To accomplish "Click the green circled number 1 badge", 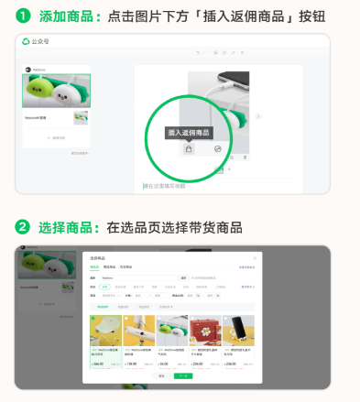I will pos(25,17).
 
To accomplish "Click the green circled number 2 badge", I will pos(25,226).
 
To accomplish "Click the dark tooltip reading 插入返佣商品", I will pos(187,132).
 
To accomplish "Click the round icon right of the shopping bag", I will pos(218,148).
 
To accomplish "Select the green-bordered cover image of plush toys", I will pos(57,91).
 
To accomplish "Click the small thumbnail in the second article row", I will pos(80,119).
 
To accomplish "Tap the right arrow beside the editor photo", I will pos(258,117).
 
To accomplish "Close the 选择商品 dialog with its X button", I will pos(255,259).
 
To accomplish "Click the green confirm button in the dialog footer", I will pos(186,375).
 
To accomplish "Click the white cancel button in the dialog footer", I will pos(162,375).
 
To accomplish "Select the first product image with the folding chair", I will pos(105,331).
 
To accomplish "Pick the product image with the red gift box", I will pos(204,331).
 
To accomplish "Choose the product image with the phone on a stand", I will pos(237,331).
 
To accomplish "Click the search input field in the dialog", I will pos(137,277).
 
